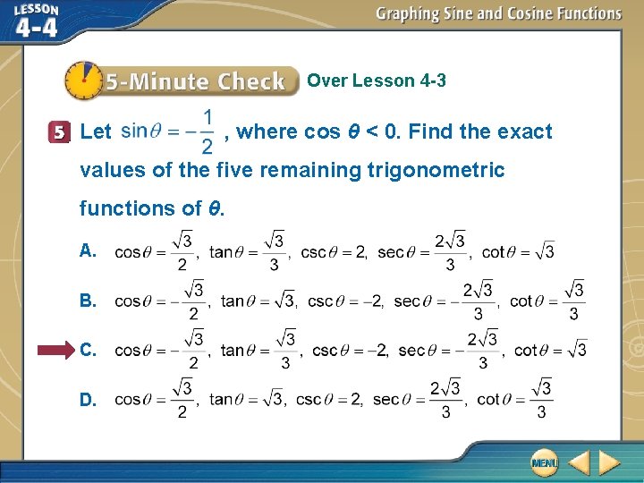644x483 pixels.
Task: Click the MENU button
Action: (x=543, y=462)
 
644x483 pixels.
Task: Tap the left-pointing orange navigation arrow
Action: (x=579, y=462)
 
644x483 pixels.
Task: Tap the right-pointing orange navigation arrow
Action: (x=609, y=462)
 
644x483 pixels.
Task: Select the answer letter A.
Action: (x=87, y=251)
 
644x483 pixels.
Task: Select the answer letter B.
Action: (x=87, y=301)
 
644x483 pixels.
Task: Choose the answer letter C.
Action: (x=88, y=350)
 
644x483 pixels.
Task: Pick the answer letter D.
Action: (x=88, y=400)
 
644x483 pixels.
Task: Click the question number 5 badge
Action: (x=60, y=132)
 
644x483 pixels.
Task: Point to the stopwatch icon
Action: (x=83, y=80)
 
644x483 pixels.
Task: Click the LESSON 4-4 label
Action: (x=37, y=21)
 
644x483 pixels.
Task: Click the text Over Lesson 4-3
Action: (x=377, y=80)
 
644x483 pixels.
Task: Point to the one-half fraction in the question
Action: (x=207, y=131)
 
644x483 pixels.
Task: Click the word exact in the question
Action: (x=526, y=132)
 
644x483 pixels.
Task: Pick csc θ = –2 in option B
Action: (x=345, y=301)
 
